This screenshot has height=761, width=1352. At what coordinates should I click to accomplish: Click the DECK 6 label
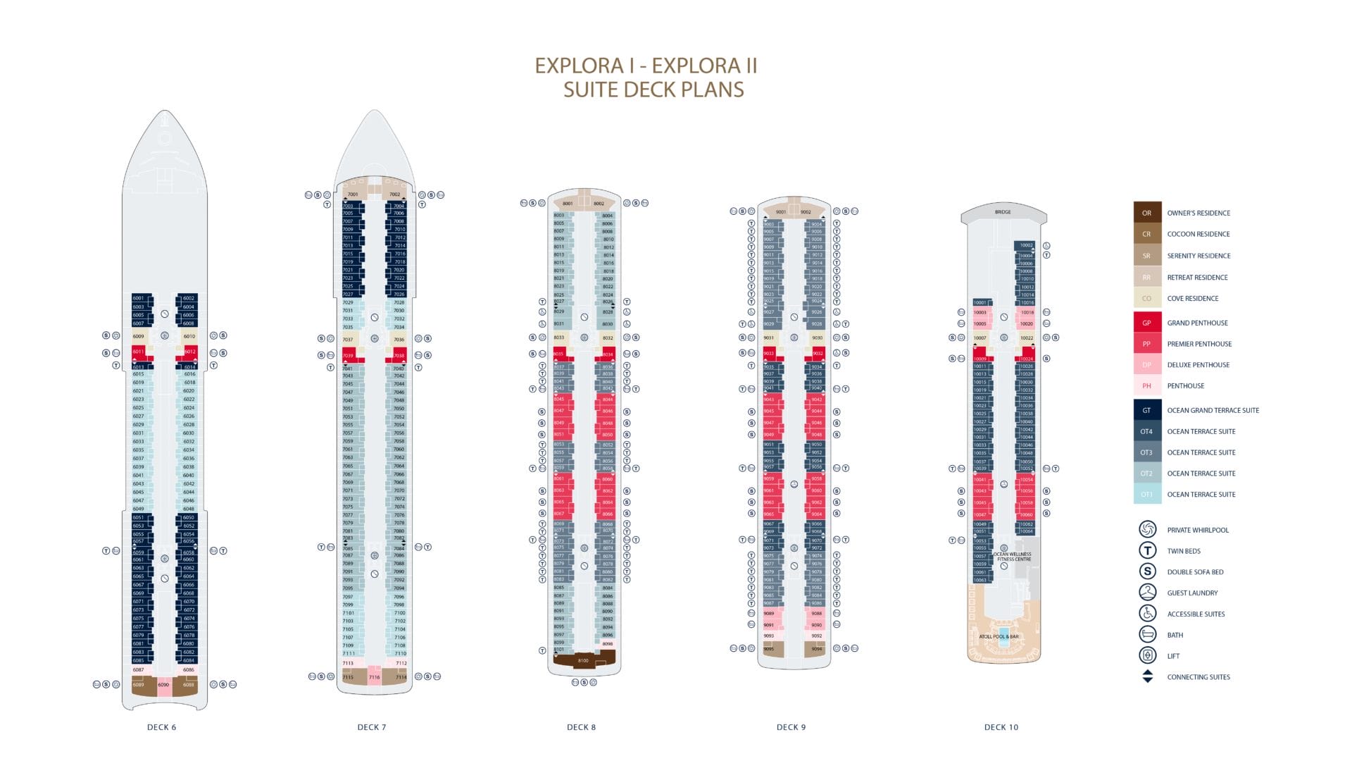point(161,727)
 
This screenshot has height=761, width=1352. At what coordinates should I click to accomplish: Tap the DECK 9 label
point(791,727)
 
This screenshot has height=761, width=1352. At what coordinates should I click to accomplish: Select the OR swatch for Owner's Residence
point(1146,213)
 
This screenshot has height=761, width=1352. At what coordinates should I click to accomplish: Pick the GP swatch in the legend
point(1146,323)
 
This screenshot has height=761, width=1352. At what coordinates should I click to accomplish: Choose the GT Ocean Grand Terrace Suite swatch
point(1146,410)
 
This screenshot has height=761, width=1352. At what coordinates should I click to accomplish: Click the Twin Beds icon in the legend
point(1147,551)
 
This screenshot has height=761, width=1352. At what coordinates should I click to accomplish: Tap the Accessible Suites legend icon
point(1147,614)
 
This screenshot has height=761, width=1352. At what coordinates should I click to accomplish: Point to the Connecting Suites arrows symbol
point(1147,676)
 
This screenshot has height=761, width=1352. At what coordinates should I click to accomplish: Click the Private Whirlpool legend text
point(1197,530)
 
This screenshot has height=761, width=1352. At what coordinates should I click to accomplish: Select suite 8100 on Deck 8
point(583,661)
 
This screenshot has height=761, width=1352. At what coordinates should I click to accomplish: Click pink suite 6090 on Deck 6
point(163,685)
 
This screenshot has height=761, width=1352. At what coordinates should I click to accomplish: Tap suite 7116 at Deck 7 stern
point(374,677)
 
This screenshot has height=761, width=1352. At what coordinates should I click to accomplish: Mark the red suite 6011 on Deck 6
point(139,351)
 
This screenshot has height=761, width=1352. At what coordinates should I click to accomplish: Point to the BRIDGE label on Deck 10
point(1003,212)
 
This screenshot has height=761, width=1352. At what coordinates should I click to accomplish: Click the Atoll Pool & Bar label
point(999,636)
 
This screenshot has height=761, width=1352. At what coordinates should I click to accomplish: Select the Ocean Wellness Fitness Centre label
point(1013,557)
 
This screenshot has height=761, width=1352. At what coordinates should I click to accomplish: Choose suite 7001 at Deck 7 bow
point(353,194)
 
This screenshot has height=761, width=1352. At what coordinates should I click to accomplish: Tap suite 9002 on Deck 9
point(806,212)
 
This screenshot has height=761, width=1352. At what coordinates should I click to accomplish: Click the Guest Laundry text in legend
point(1192,593)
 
